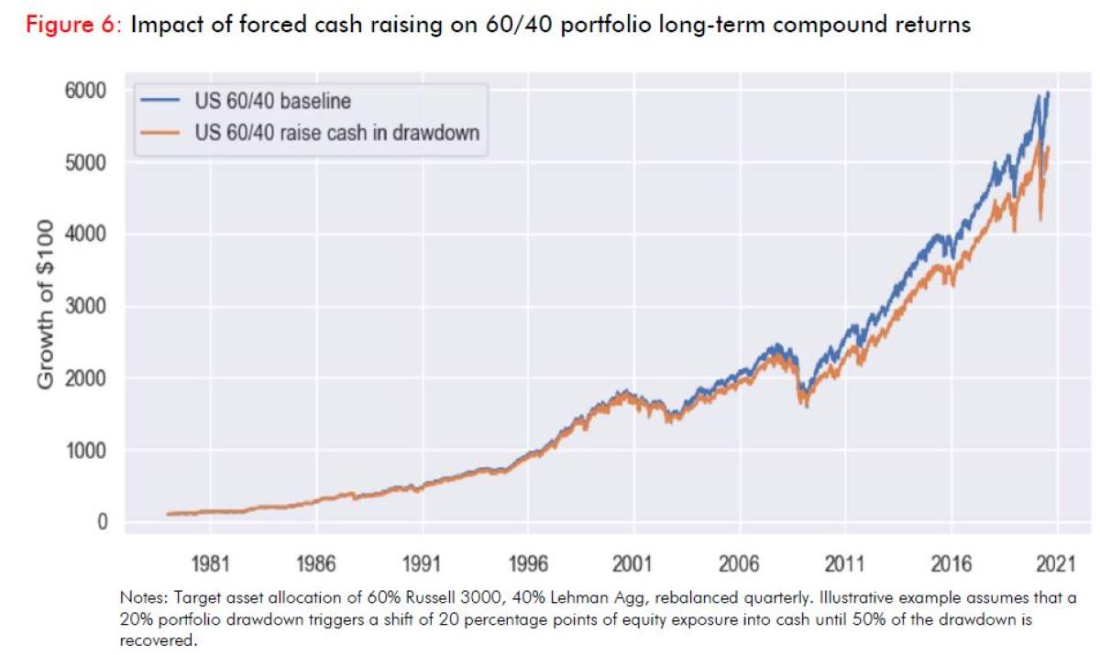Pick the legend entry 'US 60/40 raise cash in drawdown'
click(337, 134)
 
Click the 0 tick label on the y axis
click(102, 522)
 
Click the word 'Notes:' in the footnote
click(142, 597)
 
